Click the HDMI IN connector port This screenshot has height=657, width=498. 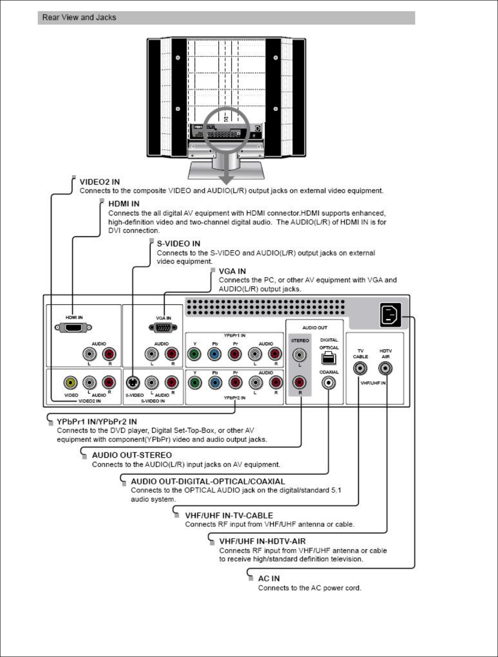point(73,328)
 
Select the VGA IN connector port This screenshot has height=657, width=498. point(163,328)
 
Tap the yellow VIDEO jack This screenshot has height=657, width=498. point(71,382)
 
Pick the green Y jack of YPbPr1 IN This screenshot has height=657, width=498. point(195,354)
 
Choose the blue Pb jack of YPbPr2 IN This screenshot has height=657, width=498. point(215,382)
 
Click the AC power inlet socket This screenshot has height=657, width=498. point(391,315)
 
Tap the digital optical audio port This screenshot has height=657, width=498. point(328,359)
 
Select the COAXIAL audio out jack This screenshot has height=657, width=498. point(328,383)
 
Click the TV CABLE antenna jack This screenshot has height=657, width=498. point(360,368)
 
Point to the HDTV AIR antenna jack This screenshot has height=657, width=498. point(385,368)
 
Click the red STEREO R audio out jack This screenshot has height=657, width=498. point(300,382)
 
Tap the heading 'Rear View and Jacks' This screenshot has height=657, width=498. point(79,18)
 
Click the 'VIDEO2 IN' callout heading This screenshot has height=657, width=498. point(99,182)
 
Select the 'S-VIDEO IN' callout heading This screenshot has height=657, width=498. point(178,244)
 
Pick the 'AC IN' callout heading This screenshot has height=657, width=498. point(269,578)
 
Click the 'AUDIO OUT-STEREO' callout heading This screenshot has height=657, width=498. point(132,455)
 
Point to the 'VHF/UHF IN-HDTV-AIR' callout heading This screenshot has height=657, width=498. point(262,541)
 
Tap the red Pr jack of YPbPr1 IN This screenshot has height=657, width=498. point(235,354)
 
